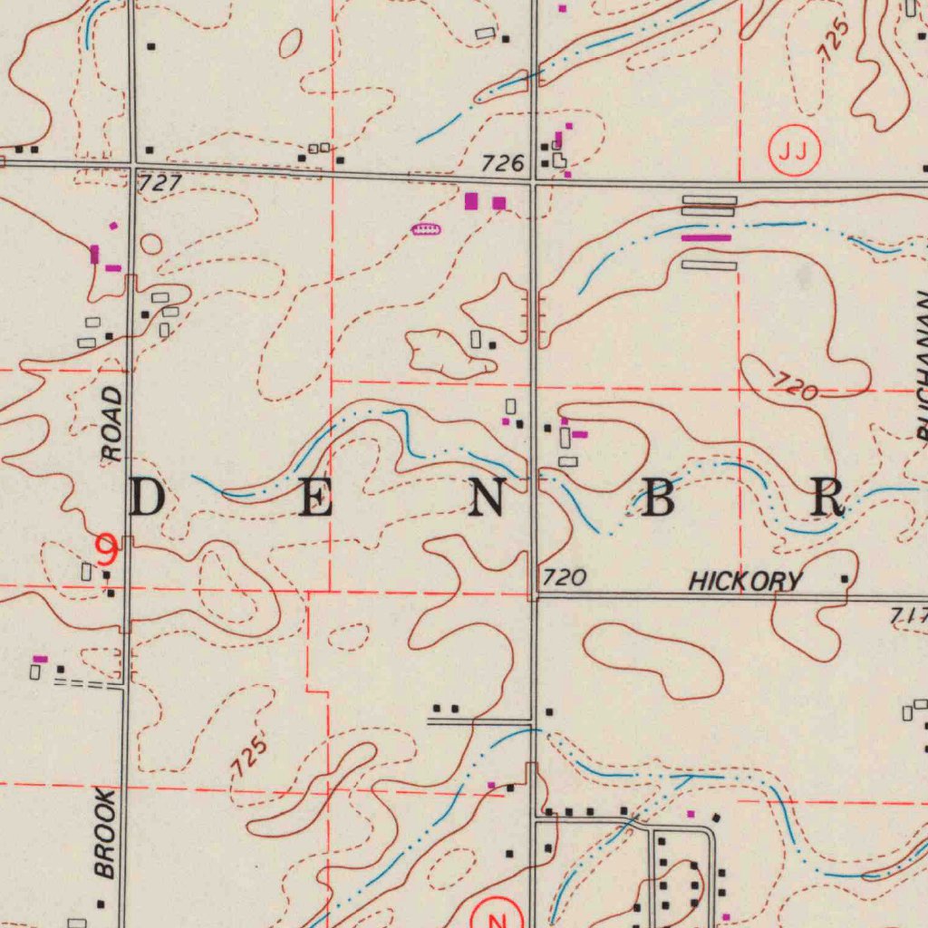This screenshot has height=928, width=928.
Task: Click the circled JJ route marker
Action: coord(794,150)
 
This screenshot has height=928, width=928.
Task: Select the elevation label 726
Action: coord(503,163)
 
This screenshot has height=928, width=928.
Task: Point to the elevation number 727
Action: coord(160,183)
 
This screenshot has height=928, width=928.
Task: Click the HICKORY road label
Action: coord(745,581)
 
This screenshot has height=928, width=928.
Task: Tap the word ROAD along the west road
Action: coord(111,424)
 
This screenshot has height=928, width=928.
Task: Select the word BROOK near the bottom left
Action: coord(105,834)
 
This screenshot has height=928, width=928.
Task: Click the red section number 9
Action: coord(107,546)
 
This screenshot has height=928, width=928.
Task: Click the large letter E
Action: coord(315,499)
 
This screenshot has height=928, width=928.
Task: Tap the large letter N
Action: coord(487,498)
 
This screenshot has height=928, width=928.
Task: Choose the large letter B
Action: coord(657,498)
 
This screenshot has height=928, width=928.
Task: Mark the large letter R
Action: coord(827,498)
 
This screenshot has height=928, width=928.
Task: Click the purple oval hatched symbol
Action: coord(425,229)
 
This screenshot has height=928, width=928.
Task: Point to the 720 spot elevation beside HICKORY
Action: coord(565,577)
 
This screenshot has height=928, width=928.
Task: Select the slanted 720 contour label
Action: coord(796,389)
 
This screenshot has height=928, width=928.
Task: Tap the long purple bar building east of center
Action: coord(706,237)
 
